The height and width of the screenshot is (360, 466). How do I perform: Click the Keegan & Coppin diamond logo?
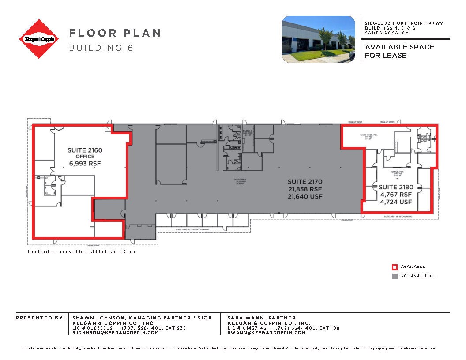click(x=39, y=39)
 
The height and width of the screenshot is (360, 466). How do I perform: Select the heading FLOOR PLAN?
click(x=114, y=33)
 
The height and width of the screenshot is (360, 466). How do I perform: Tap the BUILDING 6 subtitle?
click(x=101, y=48)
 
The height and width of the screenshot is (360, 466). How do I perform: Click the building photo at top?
click(x=318, y=39)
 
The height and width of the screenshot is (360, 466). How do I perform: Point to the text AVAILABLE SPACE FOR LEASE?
click(x=399, y=51)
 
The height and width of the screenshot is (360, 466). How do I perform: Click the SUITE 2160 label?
click(x=85, y=150)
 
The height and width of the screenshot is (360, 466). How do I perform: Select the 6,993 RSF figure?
click(x=85, y=163)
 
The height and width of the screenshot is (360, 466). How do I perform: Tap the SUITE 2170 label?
click(x=305, y=181)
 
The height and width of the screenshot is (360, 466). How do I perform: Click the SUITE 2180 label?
click(x=396, y=187)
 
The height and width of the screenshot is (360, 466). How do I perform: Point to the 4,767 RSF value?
click(x=396, y=195)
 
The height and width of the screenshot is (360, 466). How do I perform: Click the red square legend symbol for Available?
click(x=395, y=266)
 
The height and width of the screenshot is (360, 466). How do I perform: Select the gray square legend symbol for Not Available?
click(x=395, y=276)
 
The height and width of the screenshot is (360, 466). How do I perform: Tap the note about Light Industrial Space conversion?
click(x=83, y=251)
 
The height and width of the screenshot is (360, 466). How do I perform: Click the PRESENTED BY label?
click(x=40, y=318)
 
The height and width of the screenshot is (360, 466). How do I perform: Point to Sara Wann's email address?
click(x=267, y=333)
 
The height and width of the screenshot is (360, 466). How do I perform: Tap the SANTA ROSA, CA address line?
click(x=387, y=33)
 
